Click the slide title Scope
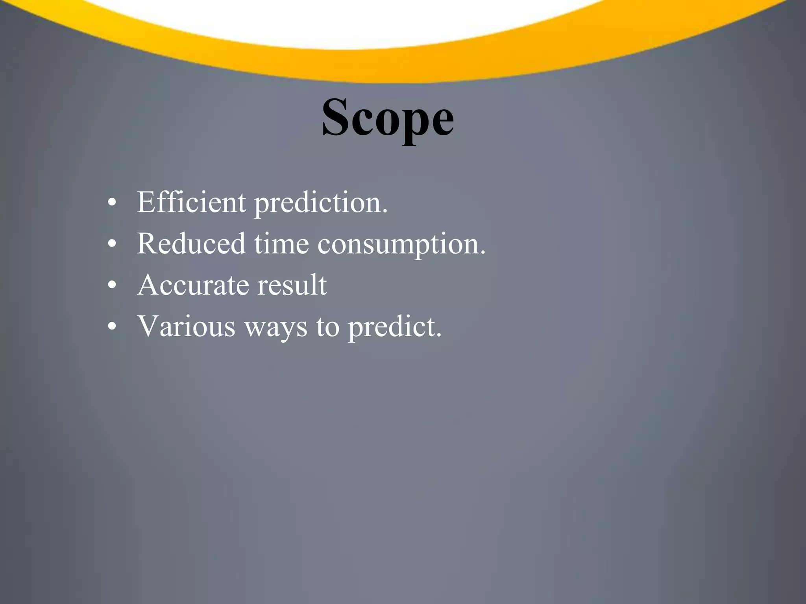click(388, 118)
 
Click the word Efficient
click(191, 202)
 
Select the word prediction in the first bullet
click(320, 204)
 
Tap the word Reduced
click(191, 243)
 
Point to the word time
click(281, 244)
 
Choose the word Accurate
click(193, 285)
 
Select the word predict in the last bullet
click(394, 328)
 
